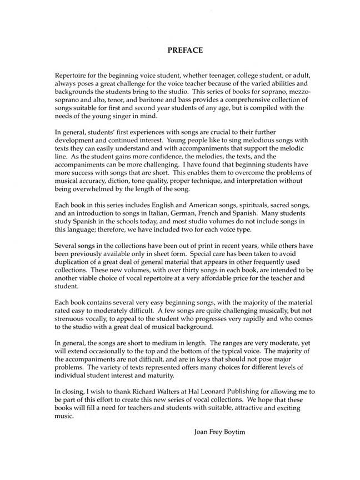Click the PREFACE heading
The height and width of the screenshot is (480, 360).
click(185, 50)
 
